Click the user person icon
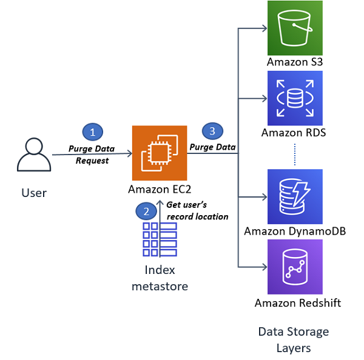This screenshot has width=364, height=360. click(34, 155)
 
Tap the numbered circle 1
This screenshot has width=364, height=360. click(93, 132)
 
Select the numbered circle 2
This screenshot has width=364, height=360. click(146, 212)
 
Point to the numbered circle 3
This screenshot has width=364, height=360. click(213, 131)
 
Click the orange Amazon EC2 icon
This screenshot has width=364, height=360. click(160, 153)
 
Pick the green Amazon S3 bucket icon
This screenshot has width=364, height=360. click(295, 28)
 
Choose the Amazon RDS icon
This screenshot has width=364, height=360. click(295, 98)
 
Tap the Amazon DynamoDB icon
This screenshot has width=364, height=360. click(295, 197)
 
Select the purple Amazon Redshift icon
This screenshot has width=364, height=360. click(295, 267)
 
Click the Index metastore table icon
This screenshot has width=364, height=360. click(160, 239)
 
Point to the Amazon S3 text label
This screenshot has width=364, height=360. click(295, 62)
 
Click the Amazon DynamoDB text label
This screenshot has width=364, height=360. click(295, 232)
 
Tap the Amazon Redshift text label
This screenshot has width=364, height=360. click(298, 303)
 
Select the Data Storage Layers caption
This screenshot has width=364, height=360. click(294, 340)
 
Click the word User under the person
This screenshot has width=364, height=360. click(34, 193)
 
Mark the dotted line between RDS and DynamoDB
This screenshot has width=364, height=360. click(295, 155)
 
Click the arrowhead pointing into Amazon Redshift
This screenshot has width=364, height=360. click(265, 267)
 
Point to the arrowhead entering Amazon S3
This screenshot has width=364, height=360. click(265, 28)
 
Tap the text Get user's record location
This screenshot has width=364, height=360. click(198, 211)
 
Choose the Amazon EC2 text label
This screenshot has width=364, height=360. click(160, 189)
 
